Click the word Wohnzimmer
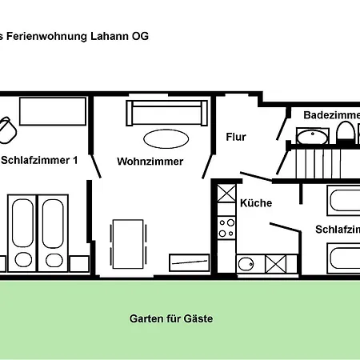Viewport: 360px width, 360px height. pyautogui.click(x=150, y=161)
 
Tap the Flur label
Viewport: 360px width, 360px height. pyautogui.click(x=236, y=137)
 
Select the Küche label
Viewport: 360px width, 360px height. pyautogui.click(x=256, y=203)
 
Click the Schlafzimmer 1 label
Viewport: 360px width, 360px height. pyautogui.click(x=39, y=160)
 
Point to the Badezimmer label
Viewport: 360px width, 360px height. pyautogui.click(x=330, y=115)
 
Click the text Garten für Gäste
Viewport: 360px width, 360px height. pyautogui.click(x=171, y=318)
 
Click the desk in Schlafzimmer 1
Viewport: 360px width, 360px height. pyautogui.click(x=53, y=112)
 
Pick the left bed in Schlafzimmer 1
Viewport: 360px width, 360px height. pyautogui.click(x=22, y=232)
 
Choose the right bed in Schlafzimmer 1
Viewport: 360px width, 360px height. pyautogui.click(x=54, y=232)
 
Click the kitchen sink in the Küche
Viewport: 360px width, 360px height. pyautogui.click(x=246, y=263)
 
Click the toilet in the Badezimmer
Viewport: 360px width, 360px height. pyautogui.click(x=345, y=135)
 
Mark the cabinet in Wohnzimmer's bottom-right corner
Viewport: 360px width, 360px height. pyautogui.click(x=189, y=262)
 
